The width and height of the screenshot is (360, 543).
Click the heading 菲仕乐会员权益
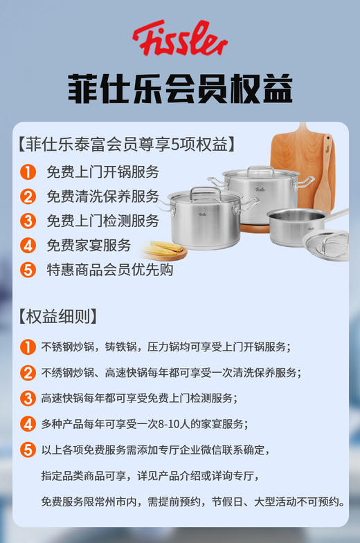pyautogui.click(x=180, y=89)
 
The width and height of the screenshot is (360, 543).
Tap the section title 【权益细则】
pyautogui.click(x=57, y=316)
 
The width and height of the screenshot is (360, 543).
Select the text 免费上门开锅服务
pyautogui.click(x=102, y=172)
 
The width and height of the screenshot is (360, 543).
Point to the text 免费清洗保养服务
pyautogui.click(x=102, y=196)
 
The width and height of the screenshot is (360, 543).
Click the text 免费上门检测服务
pyautogui.click(x=102, y=221)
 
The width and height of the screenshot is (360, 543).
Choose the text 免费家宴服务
pyautogui.click(x=89, y=245)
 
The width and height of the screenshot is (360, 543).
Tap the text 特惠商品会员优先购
pyautogui.click(x=109, y=270)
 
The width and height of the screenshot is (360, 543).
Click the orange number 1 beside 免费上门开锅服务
pyautogui.click(x=28, y=172)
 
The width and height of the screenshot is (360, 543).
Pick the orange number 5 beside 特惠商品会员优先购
pyautogui.click(x=28, y=270)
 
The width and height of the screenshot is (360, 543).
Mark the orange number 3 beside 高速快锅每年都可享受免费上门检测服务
pyautogui.click(x=28, y=398)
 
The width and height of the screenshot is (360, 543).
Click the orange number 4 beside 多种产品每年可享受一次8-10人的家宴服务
pyautogui.click(x=28, y=423)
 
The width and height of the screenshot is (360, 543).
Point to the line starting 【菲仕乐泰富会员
pyautogui.click(x=127, y=145)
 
